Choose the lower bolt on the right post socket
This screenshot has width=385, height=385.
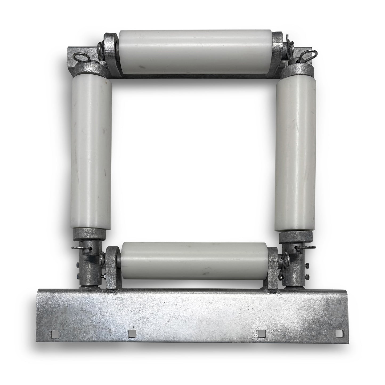(x=307, y=275)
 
